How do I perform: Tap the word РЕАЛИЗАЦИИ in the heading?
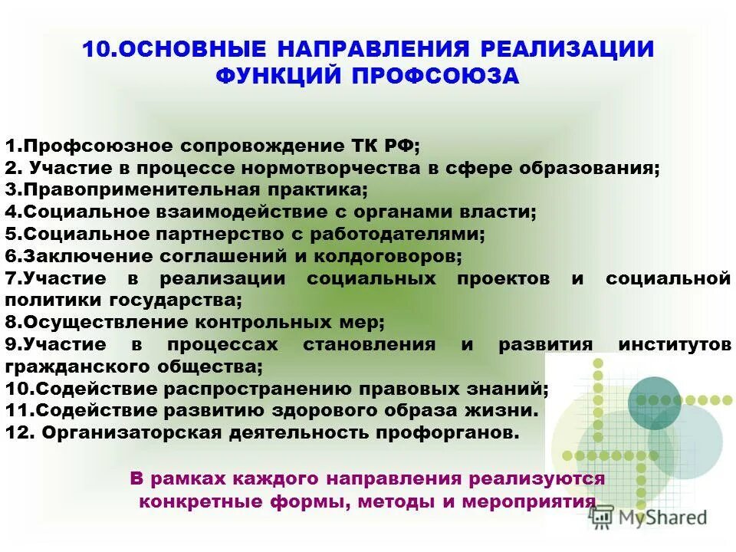coord(567,49)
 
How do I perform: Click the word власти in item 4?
coord(500,212)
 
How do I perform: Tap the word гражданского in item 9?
coord(77,366)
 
